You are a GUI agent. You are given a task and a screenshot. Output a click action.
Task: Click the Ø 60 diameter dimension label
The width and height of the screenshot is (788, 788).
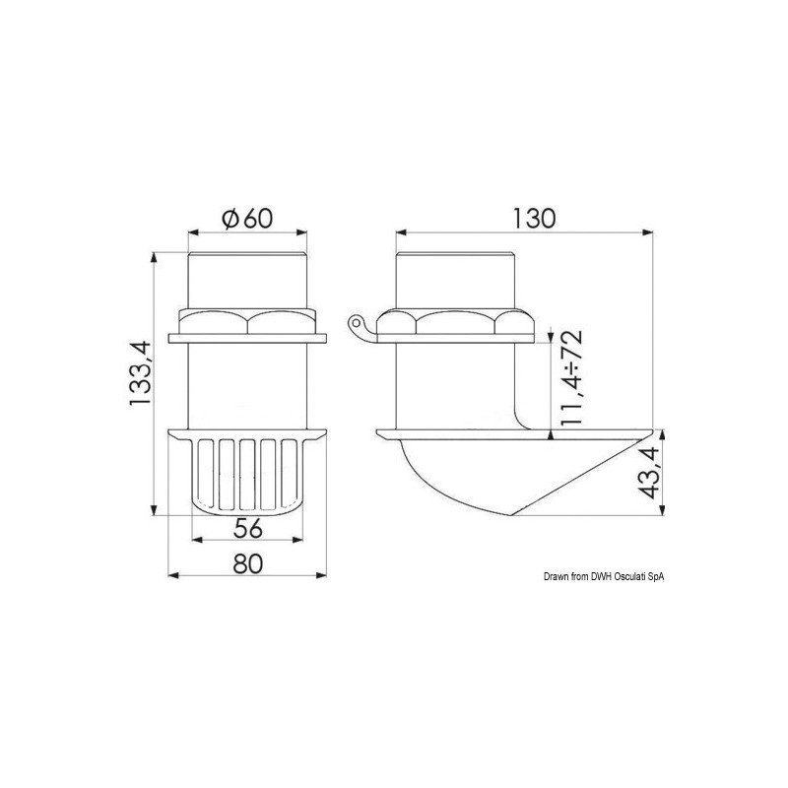coord(247,219)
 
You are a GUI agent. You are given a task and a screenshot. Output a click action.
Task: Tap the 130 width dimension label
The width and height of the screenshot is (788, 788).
coord(534,219)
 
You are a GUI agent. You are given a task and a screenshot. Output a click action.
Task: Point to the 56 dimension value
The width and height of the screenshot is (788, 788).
coord(248,528)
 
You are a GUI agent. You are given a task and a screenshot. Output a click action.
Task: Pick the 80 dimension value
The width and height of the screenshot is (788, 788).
coord(248,563)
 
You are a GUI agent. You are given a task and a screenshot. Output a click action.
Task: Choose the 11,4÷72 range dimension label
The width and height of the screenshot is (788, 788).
coord(572,377)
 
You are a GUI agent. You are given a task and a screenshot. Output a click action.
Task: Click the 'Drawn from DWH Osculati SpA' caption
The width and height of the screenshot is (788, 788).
coord(604,577)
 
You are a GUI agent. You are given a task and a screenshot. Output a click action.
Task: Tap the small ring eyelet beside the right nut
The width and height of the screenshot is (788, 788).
coord(356,321)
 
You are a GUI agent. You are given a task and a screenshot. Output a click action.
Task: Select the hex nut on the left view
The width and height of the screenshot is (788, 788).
coord(247,322)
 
